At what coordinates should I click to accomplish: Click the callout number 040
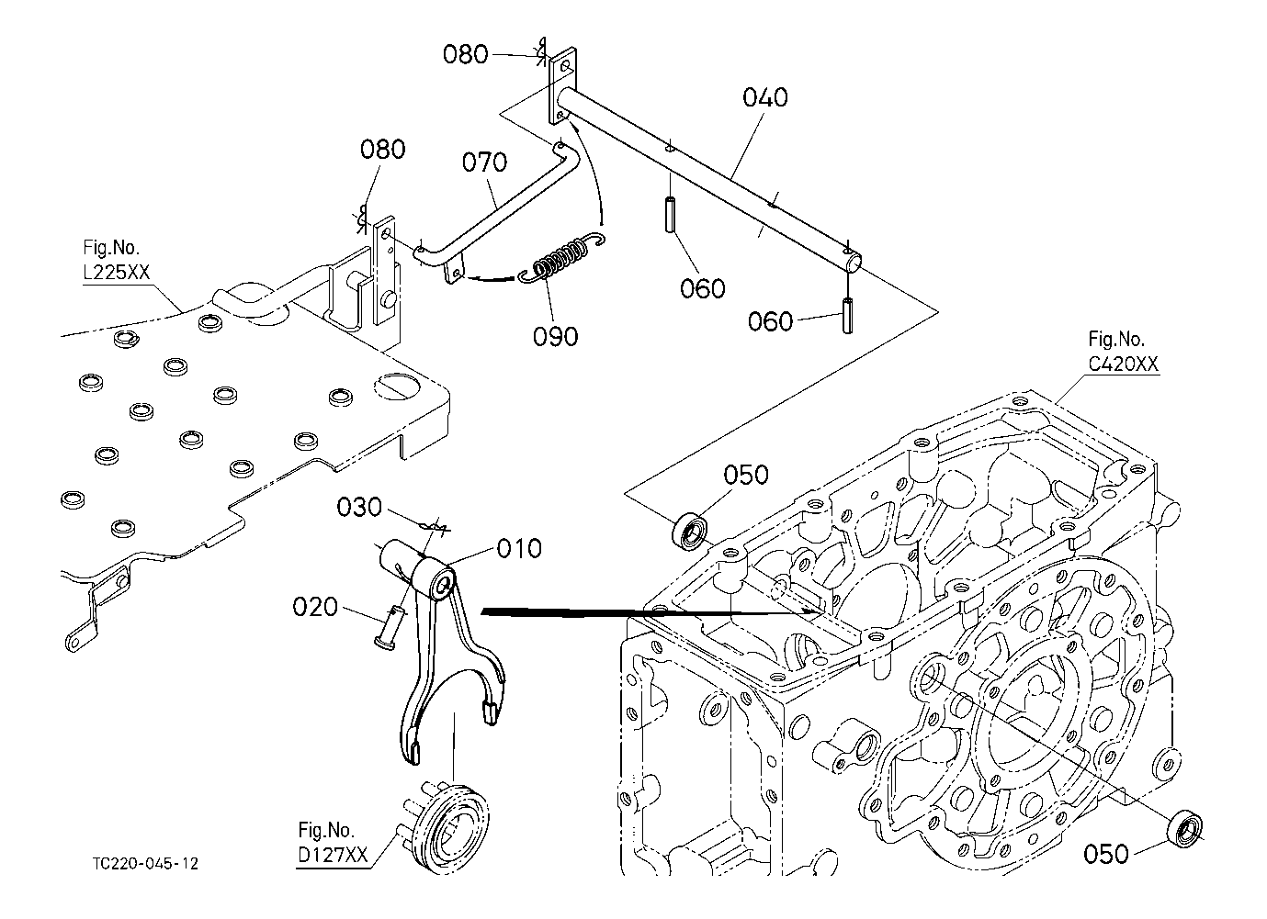(765, 98)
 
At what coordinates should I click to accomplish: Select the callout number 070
(485, 163)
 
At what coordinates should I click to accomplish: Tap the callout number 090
(556, 337)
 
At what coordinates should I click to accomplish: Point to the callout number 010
(519, 549)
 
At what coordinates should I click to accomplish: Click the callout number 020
(315, 608)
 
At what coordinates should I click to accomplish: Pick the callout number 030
(359, 508)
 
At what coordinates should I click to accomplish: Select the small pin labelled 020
(392, 627)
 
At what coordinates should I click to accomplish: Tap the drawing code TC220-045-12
(146, 864)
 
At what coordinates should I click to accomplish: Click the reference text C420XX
(1124, 364)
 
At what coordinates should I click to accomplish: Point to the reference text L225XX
(117, 273)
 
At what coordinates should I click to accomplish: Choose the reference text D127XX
(333, 855)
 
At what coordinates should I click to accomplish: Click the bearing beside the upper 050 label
(689, 531)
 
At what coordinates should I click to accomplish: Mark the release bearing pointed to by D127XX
(447, 825)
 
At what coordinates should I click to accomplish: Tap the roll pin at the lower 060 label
(847, 316)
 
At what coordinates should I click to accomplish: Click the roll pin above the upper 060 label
(670, 214)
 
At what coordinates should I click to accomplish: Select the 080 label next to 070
(383, 150)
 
